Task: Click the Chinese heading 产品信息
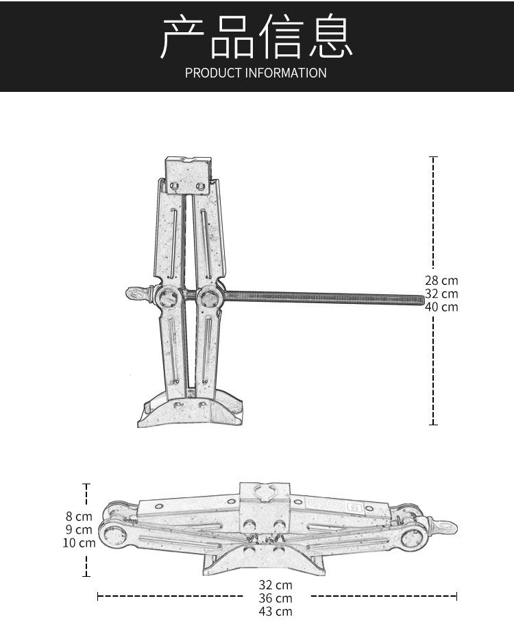click(256, 36)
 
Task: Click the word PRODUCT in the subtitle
click(213, 73)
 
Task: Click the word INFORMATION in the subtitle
click(286, 73)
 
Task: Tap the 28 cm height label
click(441, 281)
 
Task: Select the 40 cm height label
click(441, 307)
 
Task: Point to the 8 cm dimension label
click(79, 516)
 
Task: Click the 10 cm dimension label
click(79, 543)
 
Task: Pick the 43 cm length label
click(276, 611)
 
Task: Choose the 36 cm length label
click(276, 598)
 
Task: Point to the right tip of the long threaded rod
click(421, 299)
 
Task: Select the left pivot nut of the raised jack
click(167, 298)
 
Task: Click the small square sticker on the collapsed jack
click(354, 508)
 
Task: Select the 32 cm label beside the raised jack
click(441, 294)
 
